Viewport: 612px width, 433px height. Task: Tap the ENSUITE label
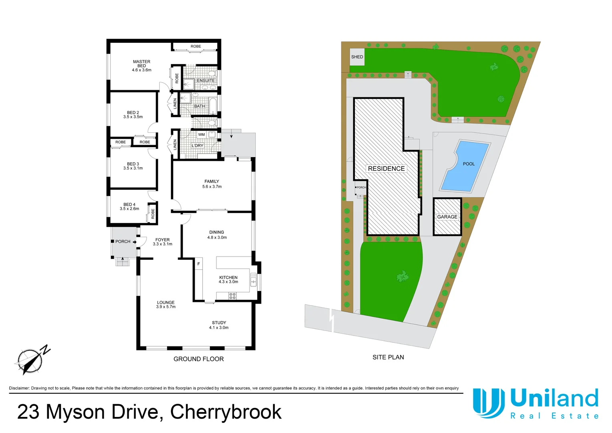click(205, 81)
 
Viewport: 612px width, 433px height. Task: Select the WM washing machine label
click(201, 135)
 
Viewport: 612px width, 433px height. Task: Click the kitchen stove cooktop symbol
click(232, 296)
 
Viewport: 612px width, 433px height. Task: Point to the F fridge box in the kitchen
click(199, 264)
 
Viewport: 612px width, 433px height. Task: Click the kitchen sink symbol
click(253, 279)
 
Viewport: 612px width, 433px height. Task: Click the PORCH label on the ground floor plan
click(123, 242)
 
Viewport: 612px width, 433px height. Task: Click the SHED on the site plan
click(357, 57)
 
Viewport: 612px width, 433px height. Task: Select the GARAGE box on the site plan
click(447, 217)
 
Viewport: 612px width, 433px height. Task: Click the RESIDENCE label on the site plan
click(386, 169)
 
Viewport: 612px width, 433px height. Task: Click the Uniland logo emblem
click(488, 403)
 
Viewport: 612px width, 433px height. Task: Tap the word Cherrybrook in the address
click(226, 412)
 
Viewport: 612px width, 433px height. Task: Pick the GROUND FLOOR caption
click(199, 359)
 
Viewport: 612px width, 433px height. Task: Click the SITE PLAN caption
click(388, 357)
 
